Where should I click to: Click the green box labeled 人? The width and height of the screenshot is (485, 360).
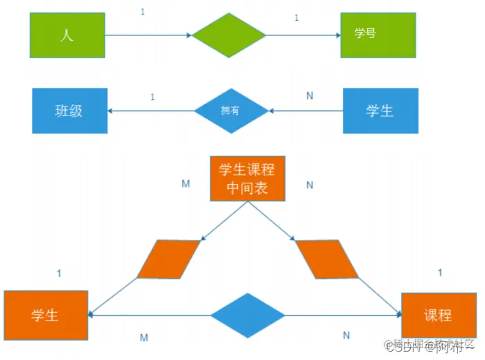click(x=67, y=35)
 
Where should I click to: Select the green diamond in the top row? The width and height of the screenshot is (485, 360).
click(x=229, y=35)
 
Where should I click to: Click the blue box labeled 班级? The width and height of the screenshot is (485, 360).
click(x=69, y=110)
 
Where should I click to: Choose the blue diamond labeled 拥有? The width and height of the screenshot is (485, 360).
click(x=231, y=110)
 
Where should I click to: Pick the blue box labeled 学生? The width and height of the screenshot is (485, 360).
click(x=380, y=110)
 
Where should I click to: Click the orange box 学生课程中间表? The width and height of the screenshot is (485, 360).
click(x=247, y=178)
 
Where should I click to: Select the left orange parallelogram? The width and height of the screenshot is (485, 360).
click(x=169, y=259)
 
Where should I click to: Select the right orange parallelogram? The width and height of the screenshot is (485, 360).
click(x=327, y=259)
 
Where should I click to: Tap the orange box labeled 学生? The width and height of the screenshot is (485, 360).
click(x=46, y=315)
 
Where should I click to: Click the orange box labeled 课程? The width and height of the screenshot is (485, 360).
click(x=438, y=315)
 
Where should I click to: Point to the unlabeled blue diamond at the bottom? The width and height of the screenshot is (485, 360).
click(x=247, y=315)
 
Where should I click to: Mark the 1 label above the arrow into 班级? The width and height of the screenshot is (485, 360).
click(x=152, y=96)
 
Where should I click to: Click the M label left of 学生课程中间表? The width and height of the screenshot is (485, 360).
click(x=185, y=185)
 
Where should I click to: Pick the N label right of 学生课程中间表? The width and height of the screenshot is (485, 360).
click(x=310, y=185)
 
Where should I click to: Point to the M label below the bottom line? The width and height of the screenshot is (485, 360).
click(x=143, y=337)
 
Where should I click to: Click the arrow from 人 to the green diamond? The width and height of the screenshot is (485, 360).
click(x=149, y=35)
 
